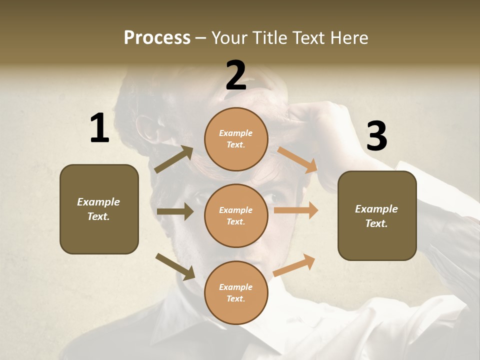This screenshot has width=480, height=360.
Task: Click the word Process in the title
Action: coord(157,38)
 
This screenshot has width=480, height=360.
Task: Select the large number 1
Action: coord(99,128)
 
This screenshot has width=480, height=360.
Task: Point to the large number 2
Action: coord(236,75)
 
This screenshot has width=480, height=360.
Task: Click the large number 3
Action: coord(376,136)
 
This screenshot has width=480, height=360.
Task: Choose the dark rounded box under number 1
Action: coord(99,209)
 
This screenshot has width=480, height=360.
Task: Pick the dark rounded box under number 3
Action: coord(377,215)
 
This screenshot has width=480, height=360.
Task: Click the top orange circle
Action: coord(236,139)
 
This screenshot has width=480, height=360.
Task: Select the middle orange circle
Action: coord(236,215)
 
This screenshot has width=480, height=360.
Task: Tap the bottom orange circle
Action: coord(236,292)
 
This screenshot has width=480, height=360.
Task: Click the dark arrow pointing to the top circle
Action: coord(174,159)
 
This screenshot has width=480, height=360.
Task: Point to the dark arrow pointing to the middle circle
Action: coord(175,211)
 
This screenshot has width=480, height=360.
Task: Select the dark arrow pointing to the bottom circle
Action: coord(175,266)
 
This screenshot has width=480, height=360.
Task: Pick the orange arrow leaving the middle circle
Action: coord(296,210)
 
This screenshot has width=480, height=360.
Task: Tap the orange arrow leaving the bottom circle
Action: coord(294,265)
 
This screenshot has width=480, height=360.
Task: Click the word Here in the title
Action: coord(348,38)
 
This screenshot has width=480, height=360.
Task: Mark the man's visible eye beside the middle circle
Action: coord(274,197)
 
